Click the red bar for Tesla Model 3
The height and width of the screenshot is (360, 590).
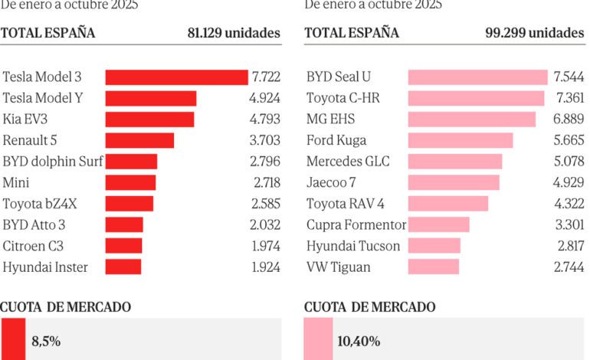(x=176, y=77)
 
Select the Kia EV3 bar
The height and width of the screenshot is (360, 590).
(x=149, y=119)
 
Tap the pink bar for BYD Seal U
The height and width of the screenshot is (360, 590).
(x=477, y=77)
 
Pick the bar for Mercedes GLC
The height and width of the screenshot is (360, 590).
(x=455, y=162)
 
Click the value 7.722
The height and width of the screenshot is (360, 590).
(x=265, y=77)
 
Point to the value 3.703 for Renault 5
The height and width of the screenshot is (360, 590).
(x=265, y=140)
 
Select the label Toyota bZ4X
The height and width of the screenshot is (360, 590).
(x=41, y=204)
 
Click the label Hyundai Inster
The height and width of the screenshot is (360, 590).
(x=45, y=267)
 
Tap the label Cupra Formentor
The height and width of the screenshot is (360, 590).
(x=356, y=225)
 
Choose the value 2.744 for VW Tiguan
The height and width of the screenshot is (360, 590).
(x=569, y=267)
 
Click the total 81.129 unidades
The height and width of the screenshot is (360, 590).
(x=234, y=33)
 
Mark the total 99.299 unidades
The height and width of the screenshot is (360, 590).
(x=535, y=33)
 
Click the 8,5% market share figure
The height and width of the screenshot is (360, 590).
(x=46, y=342)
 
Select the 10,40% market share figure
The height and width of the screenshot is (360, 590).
(x=359, y=342)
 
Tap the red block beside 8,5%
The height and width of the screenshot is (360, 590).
(x=13, y=339)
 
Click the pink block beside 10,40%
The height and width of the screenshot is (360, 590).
(x=317, y=339)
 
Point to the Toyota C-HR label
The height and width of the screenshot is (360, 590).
(x=343, y=98)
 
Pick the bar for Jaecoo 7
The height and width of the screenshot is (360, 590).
(x=454, y=182)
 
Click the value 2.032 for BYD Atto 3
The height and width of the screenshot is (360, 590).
(x=265, y=225)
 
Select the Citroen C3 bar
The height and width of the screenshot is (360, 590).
(x=123, y=246)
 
